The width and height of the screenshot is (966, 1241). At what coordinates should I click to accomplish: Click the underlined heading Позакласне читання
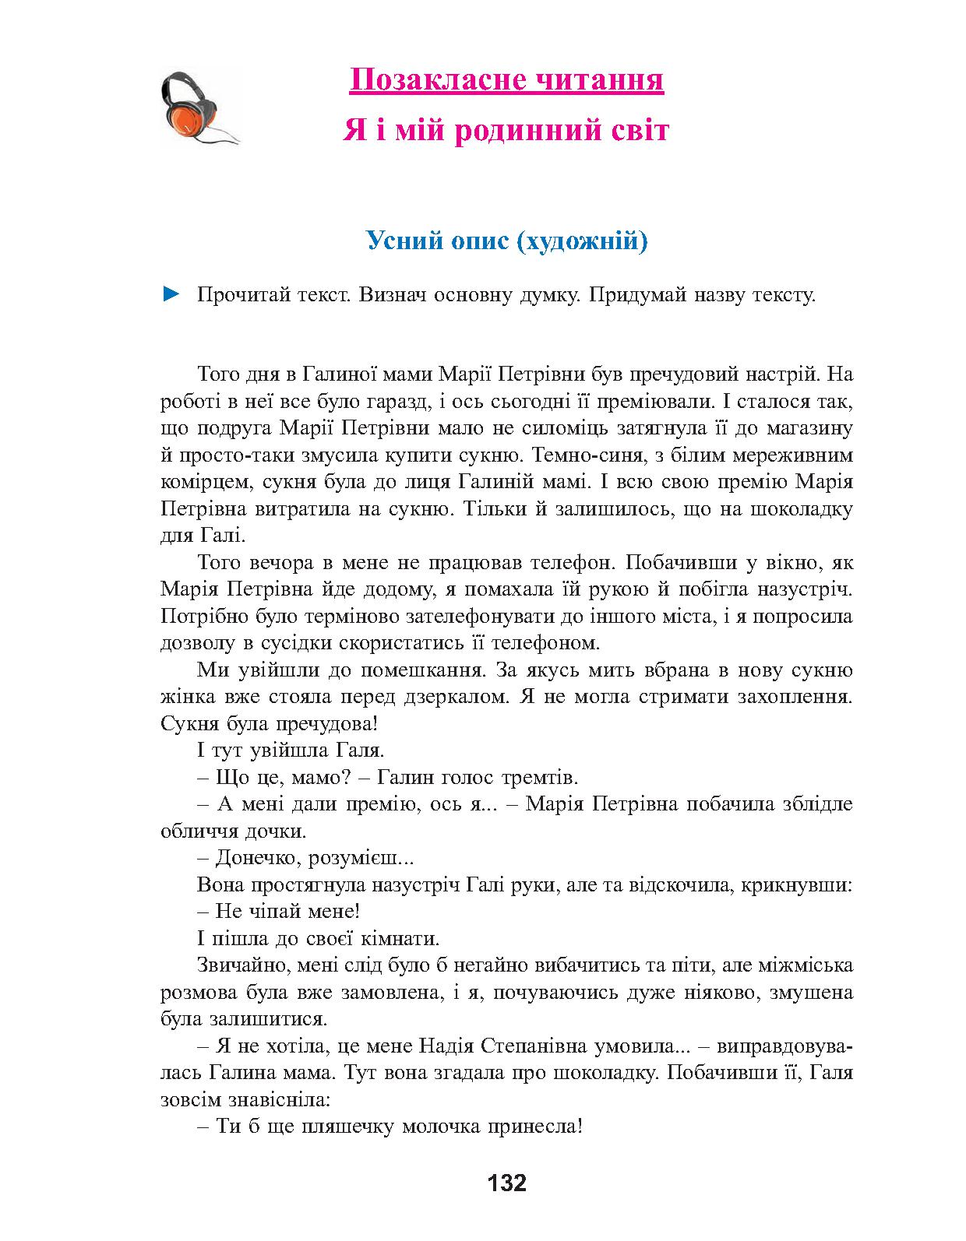click(x=506, y=80)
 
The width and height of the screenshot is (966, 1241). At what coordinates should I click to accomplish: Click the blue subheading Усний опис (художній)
click(x=507, y=241)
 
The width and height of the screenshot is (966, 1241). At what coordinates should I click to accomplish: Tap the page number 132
click(x=506, y=1183)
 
